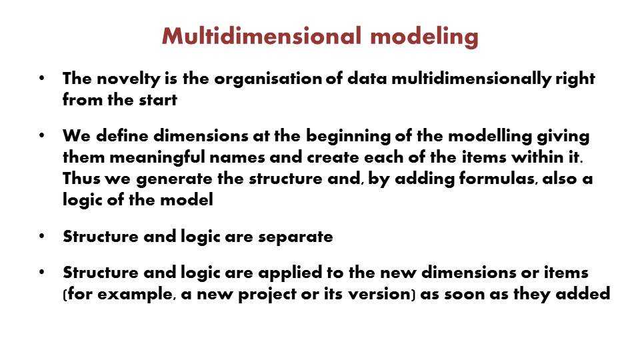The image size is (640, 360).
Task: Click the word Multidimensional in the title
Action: tap(261, 36)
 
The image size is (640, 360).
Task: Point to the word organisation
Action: tap(268, 79)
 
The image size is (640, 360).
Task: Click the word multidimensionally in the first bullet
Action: tap(471, 79)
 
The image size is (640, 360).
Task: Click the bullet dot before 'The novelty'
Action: tap(41, 77)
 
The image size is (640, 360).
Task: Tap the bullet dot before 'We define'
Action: tap(41, 135)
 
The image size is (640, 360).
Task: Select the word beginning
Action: tap(348, 136)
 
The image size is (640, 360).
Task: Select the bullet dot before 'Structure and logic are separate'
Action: tap(41, 236)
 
